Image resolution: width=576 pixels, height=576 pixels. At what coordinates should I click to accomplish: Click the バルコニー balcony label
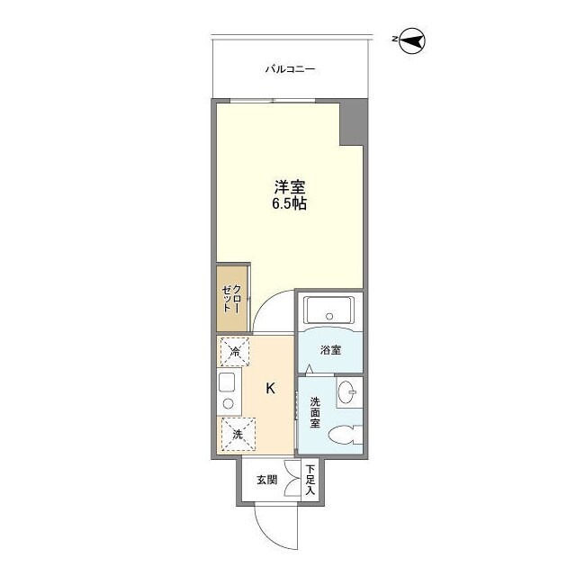[x=290, y=69]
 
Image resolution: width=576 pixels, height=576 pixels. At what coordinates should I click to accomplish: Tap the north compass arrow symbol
[x=413, y=40]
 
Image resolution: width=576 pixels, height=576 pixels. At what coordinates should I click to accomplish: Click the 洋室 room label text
[x=290, y=187]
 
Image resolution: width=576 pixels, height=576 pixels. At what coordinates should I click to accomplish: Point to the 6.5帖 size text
[x=290, y=204]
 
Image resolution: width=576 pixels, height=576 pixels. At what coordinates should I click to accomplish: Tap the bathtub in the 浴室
[x=329, y=310]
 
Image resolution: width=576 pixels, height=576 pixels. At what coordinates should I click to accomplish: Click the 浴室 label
[x=330, y=350]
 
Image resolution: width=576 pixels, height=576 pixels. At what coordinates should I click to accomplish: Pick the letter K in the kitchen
[x=269, y=389]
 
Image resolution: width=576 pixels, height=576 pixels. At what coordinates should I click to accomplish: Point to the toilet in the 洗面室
[x=343, y=436]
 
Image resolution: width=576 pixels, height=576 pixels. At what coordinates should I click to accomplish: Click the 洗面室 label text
[x=316, y=412]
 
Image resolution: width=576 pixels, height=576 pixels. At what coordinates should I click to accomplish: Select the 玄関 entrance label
[x=265, y=480]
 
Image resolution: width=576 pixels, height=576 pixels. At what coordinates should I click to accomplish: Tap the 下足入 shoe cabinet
[x=310, y=480]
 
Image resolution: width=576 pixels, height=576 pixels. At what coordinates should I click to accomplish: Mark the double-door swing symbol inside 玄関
[x=292, y=479]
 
